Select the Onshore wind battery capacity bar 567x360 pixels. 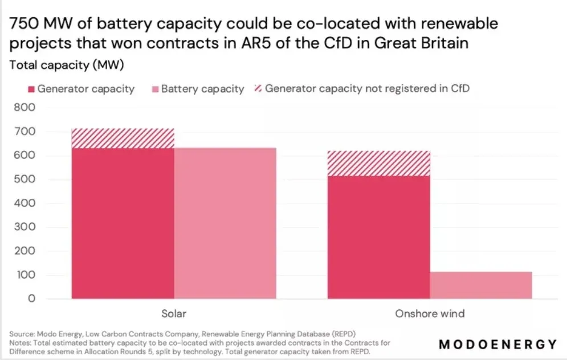[x=481, y=285]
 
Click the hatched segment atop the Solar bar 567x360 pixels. [x=123, y=138]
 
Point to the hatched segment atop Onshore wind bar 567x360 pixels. [x=378, y=163]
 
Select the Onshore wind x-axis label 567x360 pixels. [x=430, y=313]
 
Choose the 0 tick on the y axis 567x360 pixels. [x=32, y=298]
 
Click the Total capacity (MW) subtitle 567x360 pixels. [x=67, y=65]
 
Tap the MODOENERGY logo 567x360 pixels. [x=498, y=344]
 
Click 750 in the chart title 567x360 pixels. [x=24, y=24]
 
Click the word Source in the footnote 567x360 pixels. [x=21, y=333]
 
